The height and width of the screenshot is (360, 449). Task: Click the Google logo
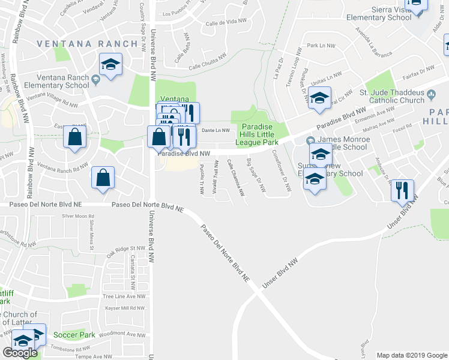click(x=20, y=353)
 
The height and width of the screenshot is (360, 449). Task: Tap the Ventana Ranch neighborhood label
click(x=88, y=44)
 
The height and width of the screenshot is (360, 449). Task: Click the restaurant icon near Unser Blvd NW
click(x=402, y=191)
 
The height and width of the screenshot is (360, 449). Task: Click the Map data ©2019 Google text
click(x=411, y=355)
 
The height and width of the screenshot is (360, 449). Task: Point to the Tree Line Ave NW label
click(x=124, y=296)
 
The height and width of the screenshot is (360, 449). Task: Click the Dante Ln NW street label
click(x=216, y=130)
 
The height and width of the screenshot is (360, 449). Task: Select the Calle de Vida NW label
click(x=226, y=22)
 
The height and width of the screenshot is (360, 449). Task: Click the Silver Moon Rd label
click(x=78, y=215)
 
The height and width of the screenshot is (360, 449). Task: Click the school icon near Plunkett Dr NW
click(x=319, y=97)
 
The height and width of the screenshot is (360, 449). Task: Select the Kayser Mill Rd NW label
click(x=124, y=307)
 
